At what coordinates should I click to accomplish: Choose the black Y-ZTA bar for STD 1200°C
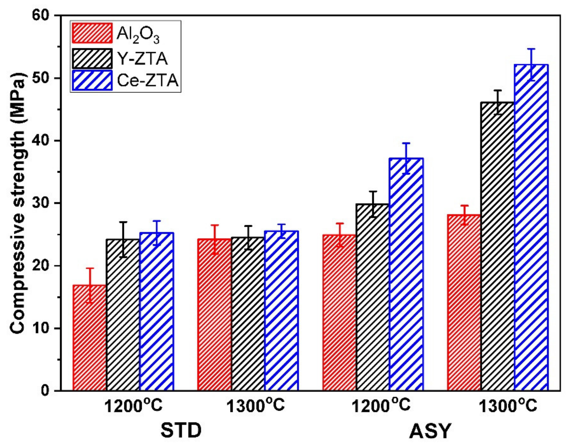(123, 315)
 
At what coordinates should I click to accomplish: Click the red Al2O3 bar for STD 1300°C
(214, 315)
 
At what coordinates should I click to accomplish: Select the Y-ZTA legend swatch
(92, 58)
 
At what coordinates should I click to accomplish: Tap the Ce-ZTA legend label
(147, 80)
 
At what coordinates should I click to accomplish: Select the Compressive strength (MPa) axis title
(18, 203)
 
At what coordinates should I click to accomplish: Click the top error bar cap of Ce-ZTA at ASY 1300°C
(531, 49)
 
